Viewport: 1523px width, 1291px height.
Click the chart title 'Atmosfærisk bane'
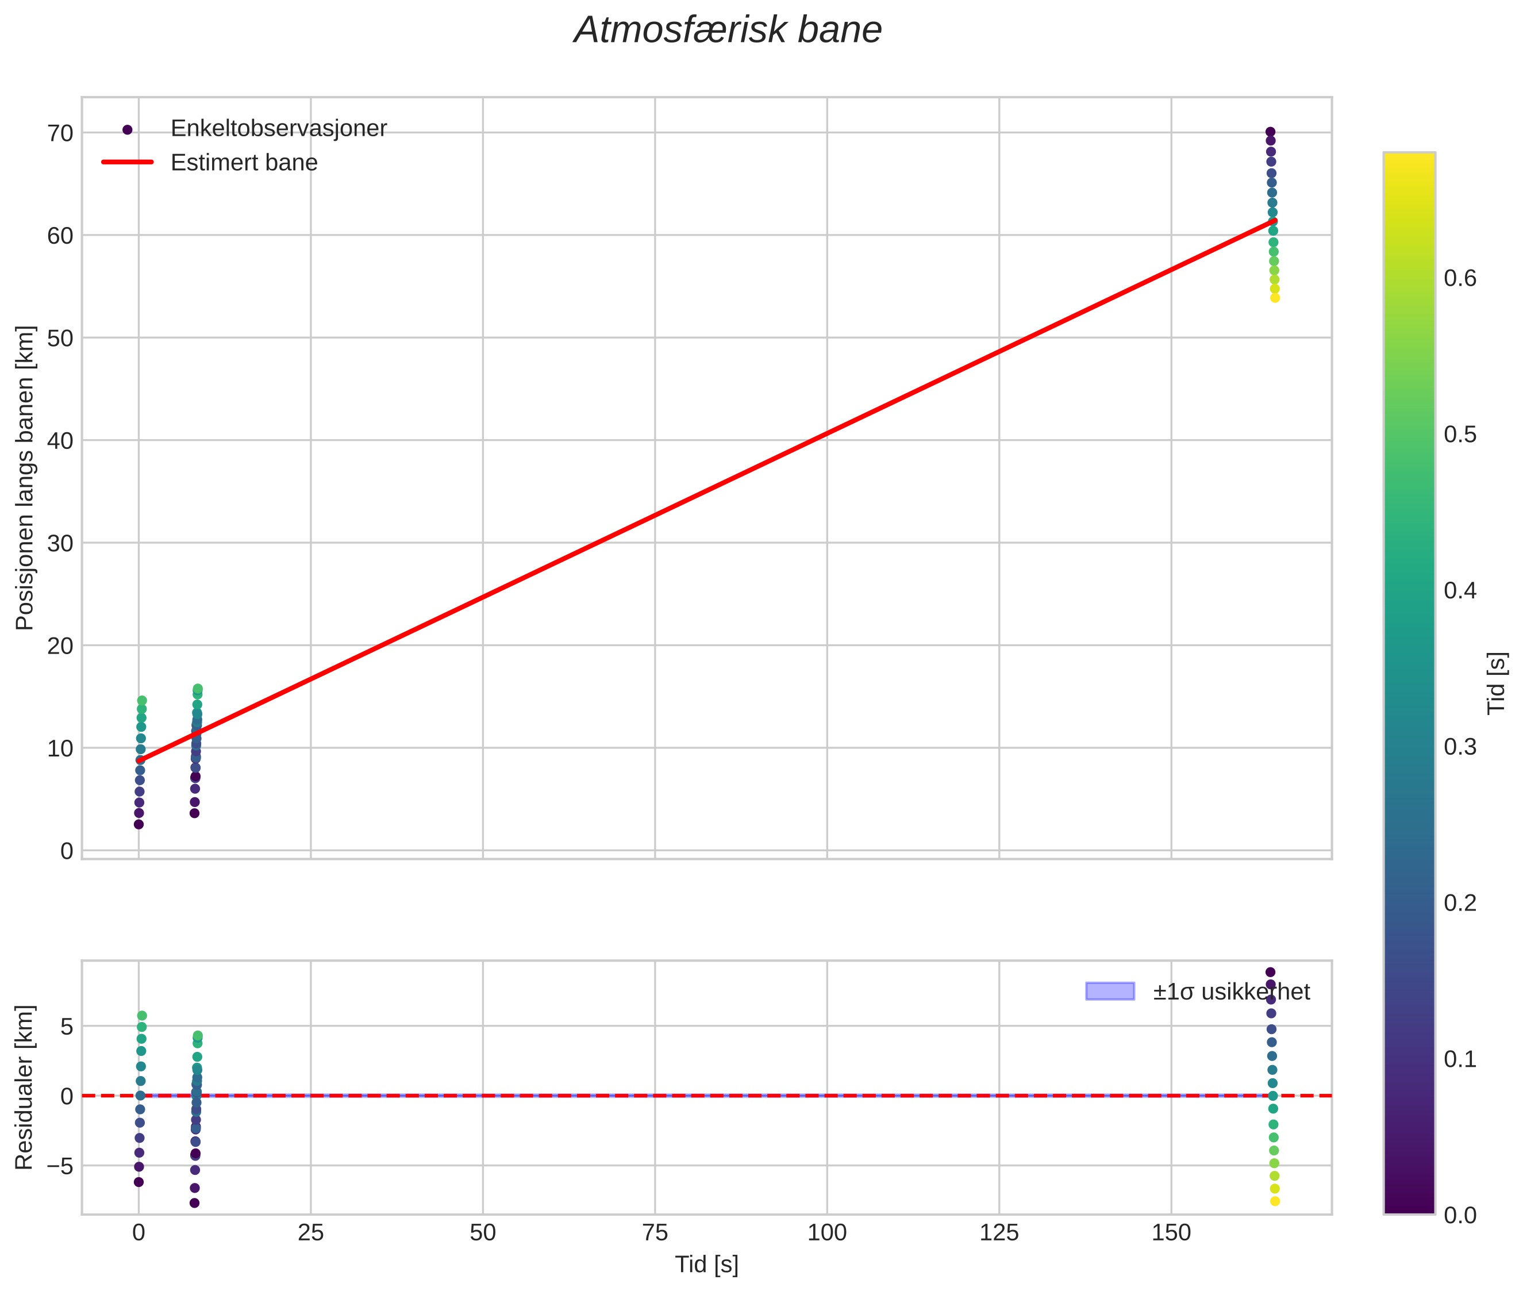coord(728,30)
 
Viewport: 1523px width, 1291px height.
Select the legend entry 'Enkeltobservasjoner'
coord(278,129)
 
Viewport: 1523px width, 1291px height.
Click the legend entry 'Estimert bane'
coord(244,163)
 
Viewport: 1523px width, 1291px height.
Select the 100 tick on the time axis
coord(827,1233)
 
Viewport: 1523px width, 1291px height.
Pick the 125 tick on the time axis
coord(999,1233)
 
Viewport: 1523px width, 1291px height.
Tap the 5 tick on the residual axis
coord(67,1027)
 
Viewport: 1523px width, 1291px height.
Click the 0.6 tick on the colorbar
coord(1460,278)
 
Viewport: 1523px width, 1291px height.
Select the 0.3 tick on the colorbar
coord(1460,747)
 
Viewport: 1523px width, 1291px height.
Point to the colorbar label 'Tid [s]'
coord(1497,683)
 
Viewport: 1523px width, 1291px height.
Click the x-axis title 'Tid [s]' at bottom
coord(706,1265)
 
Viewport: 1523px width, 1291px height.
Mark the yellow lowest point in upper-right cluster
coord(1275,298)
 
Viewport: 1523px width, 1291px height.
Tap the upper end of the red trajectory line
coord(1274,220)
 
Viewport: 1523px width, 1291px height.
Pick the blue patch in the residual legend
coord(1110,992)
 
